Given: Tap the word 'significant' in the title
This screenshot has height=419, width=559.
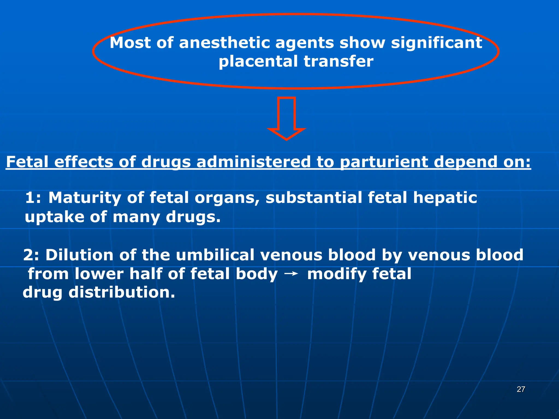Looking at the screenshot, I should [x=436, y=43].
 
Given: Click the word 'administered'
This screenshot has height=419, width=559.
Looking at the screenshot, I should [x=253, y=162].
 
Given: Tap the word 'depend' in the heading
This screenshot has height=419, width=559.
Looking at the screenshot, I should [x=465, y=162].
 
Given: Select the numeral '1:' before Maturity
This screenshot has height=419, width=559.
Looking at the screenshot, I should [x=33, y=197].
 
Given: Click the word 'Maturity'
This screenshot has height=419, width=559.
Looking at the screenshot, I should [x=85, y=198].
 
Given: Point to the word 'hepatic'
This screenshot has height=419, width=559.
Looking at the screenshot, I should [x=445, y=198].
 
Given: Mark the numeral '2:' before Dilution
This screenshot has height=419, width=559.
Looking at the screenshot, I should [x=31, y=255].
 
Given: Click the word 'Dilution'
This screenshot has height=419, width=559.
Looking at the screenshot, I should [x=79, y=255].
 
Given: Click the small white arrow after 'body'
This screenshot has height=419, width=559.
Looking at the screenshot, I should [x=291, y=274].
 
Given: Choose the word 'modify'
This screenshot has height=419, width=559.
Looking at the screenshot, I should [x=337, y=274].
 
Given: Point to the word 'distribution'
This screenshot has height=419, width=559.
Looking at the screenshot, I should [x=121, y=292].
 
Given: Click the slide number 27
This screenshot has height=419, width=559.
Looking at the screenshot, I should [x=521, y=389].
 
